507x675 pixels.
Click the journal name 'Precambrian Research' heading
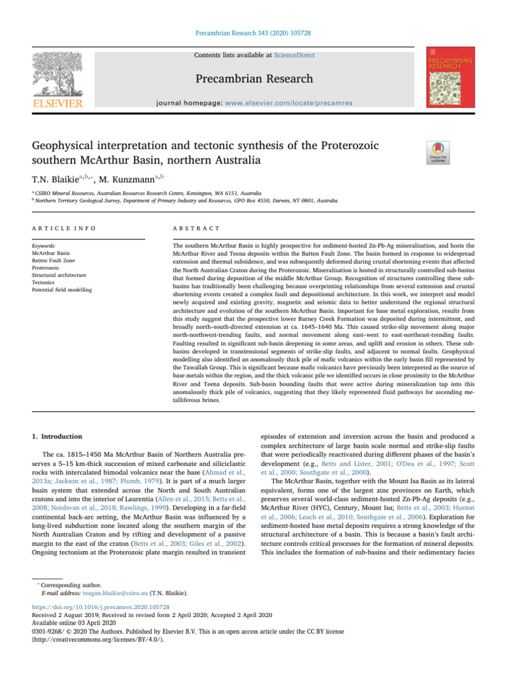253,79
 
